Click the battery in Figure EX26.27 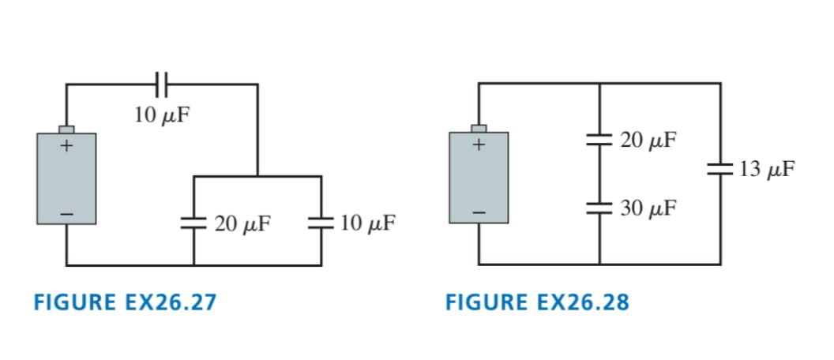pos(66,178)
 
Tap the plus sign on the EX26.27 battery pos(66,146)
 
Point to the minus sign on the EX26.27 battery pos(66,213)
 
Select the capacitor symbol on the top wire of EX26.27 pos(162,83)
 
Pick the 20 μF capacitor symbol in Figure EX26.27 pos(193,223)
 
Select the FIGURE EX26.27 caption pos(125,302)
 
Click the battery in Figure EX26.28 pos(479,178)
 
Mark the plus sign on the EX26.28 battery pos(479,146)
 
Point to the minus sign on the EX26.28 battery pos(479,213)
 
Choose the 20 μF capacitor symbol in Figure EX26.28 pos(599,140)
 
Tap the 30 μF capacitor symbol pos(599,208)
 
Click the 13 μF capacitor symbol pos(719,167)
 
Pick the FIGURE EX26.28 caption pos(538,302)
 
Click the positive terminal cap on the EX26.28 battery pos(479,128)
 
